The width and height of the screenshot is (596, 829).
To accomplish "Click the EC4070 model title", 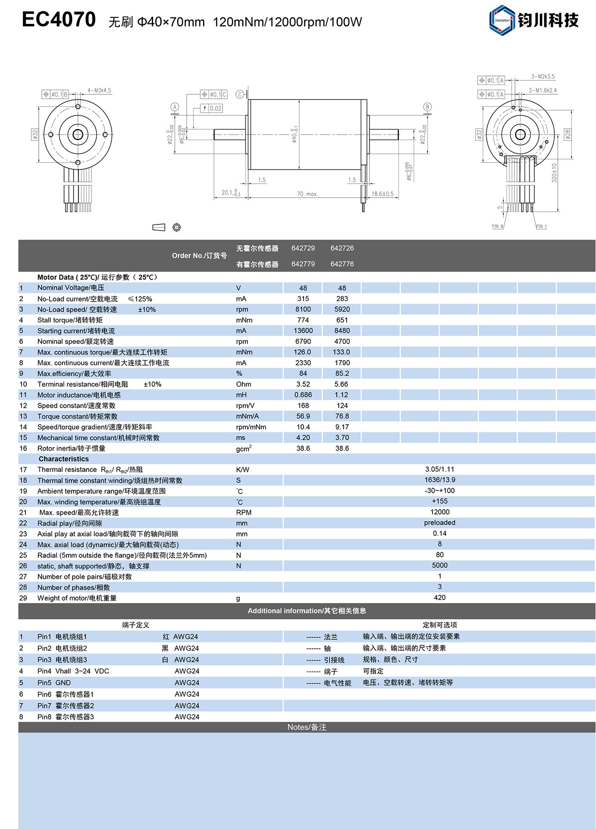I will (59, 20).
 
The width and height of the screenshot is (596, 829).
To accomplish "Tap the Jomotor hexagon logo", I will (502, 20).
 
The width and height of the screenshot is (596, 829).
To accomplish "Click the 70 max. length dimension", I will (307, 194).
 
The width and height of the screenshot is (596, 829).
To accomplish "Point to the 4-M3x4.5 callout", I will (99, 91).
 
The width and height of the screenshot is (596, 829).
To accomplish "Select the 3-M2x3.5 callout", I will (542, 76).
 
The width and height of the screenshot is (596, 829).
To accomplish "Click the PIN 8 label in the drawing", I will (497, 226).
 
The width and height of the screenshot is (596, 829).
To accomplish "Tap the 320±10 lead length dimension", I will (554, 172).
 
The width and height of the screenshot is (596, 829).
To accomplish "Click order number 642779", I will (303, 264).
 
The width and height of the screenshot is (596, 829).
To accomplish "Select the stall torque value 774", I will (303, 320).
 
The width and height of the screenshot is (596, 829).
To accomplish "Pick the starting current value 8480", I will (342, 331).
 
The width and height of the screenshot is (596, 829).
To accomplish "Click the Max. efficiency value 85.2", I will (342, 374).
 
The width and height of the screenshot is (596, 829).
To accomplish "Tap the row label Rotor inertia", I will (72, 449).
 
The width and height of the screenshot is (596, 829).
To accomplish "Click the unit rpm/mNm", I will (251, 427).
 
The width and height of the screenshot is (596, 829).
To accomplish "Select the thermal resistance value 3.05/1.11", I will (440, 469).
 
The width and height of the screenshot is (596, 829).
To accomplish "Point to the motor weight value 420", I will (440, 598).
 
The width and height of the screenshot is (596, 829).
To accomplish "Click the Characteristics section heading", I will (64, 459).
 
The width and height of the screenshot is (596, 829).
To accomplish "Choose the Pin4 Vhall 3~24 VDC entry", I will (73, 671).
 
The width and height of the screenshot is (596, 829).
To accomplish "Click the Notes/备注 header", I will (306, 727).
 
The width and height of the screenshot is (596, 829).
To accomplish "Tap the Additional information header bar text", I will (306, 611).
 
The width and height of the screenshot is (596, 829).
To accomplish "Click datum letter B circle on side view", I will (427, 107).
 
